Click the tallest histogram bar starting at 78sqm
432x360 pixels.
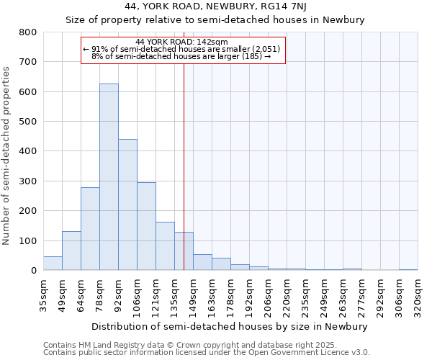(109, 177)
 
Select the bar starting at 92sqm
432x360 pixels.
(127, 204)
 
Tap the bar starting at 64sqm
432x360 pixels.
(90, 229)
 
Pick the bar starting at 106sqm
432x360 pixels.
(146, 226)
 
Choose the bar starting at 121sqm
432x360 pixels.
(165, 246)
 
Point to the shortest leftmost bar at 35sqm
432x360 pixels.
(53, 264)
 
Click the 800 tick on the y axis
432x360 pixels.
(27, 32)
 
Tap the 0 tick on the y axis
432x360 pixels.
(33, 271)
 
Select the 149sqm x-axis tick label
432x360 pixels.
(193, 293)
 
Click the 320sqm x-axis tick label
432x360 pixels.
(418, 293)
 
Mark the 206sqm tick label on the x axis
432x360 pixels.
(268, 293)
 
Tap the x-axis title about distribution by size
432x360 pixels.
(230, 326)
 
